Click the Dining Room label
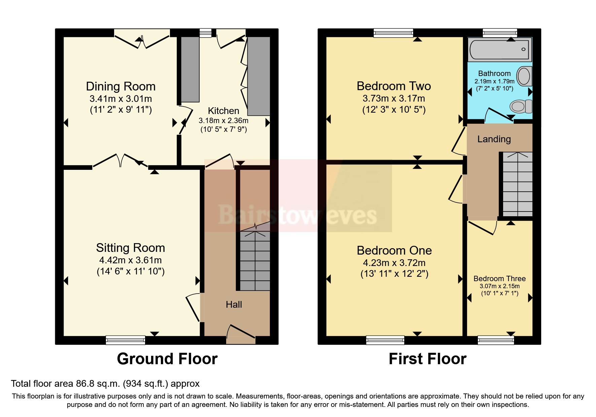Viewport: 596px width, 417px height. point(120,86)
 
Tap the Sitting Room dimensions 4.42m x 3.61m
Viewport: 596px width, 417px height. point(130,260)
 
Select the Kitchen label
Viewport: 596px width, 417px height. point(223,111)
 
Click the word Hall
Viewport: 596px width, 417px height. point(234,305)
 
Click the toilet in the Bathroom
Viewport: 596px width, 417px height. point(520,106)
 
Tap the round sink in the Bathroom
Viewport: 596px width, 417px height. point(524,76)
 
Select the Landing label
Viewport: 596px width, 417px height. point(494,139)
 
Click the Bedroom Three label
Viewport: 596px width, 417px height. point(499,279)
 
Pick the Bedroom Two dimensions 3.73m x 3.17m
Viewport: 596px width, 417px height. point(393,99)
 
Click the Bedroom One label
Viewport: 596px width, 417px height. point(394,251)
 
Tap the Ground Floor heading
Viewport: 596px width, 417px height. point(167,359)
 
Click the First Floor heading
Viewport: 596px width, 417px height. point(427,359)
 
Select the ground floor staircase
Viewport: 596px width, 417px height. point(255,261)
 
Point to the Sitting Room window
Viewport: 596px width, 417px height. point(125,340)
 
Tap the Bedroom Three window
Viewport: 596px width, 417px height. point(496,340)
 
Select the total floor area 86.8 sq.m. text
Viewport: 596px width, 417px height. point(105,384)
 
